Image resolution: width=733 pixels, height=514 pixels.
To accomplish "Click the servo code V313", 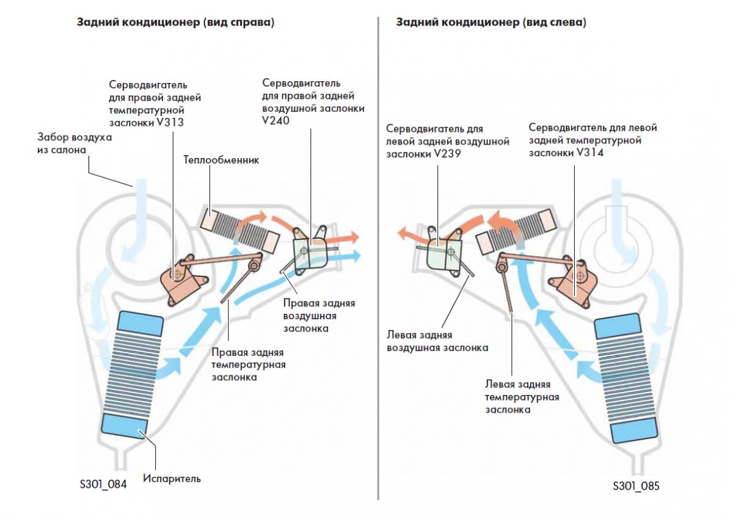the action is pos(170,123).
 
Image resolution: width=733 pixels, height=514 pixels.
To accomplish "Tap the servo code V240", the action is pos(275,121).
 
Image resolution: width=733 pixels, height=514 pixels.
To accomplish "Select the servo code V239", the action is pos(447,154).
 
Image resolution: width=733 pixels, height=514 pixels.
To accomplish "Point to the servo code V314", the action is pos(589,153).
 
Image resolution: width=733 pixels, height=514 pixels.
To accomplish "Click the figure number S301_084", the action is pos(103,484).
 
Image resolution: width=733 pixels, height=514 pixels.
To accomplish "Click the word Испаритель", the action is pos(172,479).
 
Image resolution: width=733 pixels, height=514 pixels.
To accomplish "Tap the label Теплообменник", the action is pos(221,160).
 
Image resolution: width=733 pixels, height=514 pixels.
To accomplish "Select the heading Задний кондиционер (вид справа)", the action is pos(176,22).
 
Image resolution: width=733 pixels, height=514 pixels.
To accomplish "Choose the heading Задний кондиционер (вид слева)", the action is pos(491,22).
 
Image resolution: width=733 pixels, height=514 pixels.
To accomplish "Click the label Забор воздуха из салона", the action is pos(75,143).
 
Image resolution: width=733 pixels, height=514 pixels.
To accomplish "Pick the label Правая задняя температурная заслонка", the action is pos(249,364).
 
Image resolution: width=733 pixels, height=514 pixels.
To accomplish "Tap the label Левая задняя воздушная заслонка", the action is pos(437,341).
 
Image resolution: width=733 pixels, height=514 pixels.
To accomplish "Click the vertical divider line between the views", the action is pos(378,258).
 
